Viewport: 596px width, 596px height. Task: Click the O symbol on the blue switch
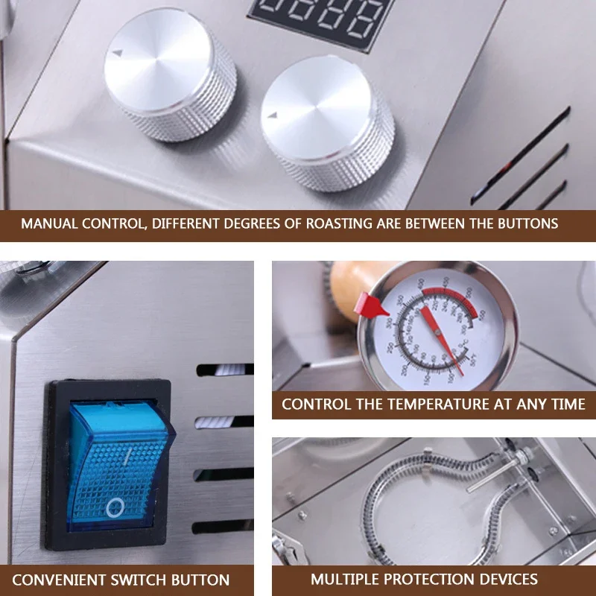pyautogui.click(x=115, y=509)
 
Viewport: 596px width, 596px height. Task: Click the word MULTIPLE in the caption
pyautogui.click(x=343, y=579)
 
